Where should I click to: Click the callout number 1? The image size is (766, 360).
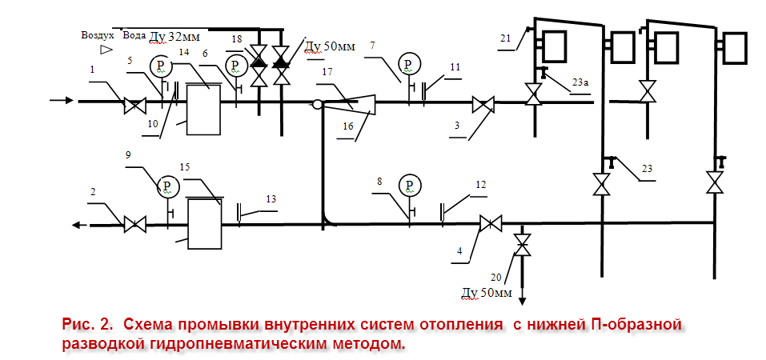click(x=93, y=70)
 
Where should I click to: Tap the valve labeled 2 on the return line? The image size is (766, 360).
click(x=134, y=225)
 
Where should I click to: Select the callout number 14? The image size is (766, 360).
click(x=184, y=52)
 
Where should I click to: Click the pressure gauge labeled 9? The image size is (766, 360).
click(x=166, y=186)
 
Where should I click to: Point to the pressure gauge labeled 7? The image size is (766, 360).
click(x=410, y=63)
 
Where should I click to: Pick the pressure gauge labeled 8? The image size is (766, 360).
click(x=410, y=186)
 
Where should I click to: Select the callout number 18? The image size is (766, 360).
click(x=236, y=38)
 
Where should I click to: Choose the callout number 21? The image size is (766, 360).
click(x=504, y=38)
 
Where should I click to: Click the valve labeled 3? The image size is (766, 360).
click(x=483, y=103)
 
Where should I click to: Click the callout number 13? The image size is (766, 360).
click(x=271, y=198)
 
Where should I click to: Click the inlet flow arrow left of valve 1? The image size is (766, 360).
click(x=63, y=102)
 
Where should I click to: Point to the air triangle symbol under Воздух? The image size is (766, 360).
click(x=105, y=50)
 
